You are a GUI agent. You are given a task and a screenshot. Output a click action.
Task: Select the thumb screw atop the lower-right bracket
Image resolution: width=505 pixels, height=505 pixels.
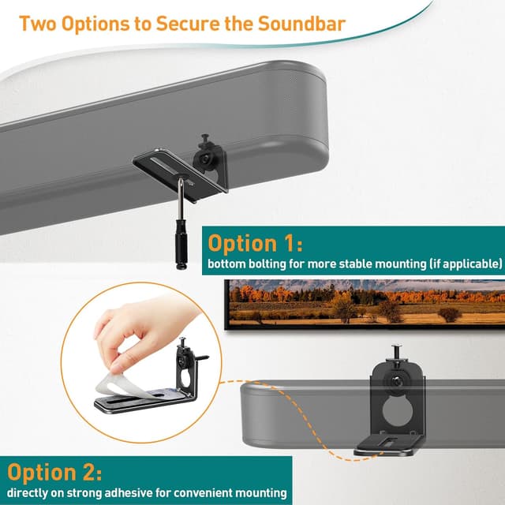398,350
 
